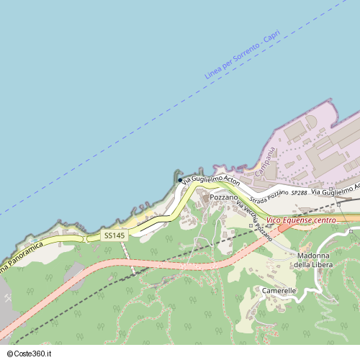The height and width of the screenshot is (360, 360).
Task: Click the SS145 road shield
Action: (x=114, y=235)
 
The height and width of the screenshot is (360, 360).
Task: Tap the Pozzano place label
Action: (x=224, y=197)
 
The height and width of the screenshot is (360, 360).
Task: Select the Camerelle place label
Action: (x=279, y=291)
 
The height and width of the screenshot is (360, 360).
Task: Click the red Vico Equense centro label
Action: (x=302, y=220)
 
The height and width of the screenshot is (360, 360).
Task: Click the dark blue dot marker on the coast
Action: (x=180, y=181)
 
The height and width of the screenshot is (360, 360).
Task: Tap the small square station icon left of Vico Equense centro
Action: (x=251, y=226)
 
